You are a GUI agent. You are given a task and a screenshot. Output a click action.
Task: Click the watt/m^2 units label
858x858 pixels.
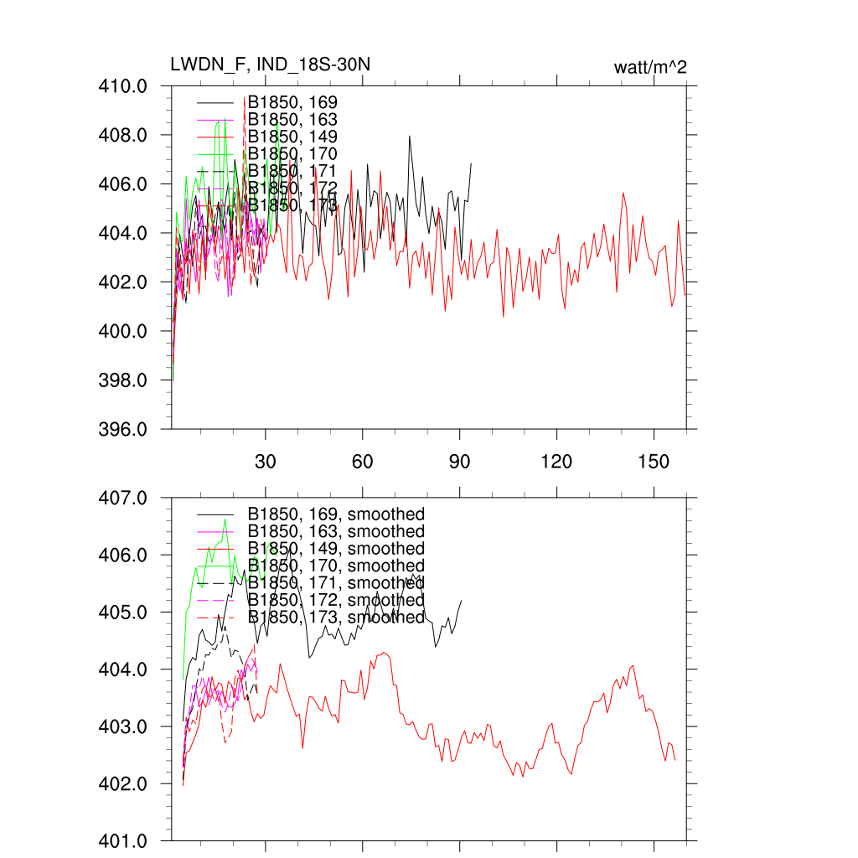click(x=650, y=68)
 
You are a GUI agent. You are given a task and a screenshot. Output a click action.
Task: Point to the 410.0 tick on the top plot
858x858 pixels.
click(x=125, y=86)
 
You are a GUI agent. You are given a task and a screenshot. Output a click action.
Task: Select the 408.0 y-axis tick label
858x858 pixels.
click(x=125, y=135)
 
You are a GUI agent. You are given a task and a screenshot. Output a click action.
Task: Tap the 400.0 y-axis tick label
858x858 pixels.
click(x=125, y=332)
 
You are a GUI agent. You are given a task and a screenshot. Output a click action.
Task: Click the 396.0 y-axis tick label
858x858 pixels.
click(x=125, y=430)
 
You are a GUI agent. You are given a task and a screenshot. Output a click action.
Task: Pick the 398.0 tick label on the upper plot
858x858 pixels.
click(x=125, y=380)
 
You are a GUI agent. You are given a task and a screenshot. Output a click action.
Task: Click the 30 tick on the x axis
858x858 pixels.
click(x=266, y=462)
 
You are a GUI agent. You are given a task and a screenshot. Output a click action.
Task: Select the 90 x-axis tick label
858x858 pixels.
click(x=460, y=462)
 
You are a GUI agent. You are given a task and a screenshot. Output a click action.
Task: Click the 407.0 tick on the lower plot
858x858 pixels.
click(x=125, y=498)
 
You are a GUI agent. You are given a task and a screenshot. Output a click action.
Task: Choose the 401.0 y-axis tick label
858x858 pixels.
click(x=125, y=840)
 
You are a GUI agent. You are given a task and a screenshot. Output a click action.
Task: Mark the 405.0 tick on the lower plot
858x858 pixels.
click(x=125, y=612)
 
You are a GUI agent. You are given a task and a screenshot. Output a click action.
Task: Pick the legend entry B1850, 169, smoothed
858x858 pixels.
click(x=336, y=514)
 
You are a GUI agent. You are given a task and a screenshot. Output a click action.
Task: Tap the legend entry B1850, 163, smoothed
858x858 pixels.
click(x=336, y=531)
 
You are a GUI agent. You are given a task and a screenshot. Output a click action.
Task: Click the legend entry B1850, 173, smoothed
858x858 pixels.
click(x=336, y=617)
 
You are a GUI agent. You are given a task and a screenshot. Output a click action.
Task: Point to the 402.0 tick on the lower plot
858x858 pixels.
click(x=125, y=784)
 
